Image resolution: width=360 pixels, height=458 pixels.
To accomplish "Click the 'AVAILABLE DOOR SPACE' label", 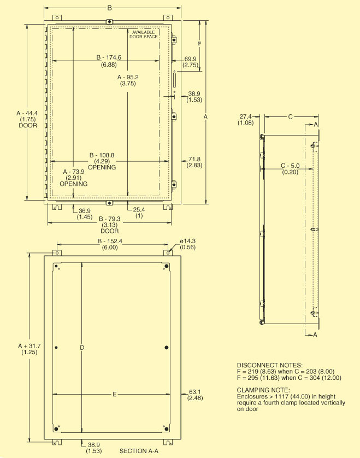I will click(x=143, y=34).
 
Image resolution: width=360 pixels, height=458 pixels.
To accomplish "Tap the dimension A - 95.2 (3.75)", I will click(x=128, y=80).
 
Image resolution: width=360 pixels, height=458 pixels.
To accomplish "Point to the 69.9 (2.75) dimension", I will click(x=190, y=61).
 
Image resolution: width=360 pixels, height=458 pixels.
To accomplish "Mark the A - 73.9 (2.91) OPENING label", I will click(x=74, y=178).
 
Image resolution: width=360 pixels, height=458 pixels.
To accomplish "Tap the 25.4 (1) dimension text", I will click(x=139, y=213).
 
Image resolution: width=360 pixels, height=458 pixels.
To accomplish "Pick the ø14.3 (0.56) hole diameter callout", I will click(x=187, y=244).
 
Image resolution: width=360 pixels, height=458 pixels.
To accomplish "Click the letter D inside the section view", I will click(x=81, y=348).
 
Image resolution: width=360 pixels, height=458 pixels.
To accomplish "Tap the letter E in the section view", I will click(x=114, y=394).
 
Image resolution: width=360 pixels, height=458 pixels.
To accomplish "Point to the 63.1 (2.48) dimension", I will click(x=194, y=394).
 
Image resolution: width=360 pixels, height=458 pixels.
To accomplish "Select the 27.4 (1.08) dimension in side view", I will click(x=245, y=120).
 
